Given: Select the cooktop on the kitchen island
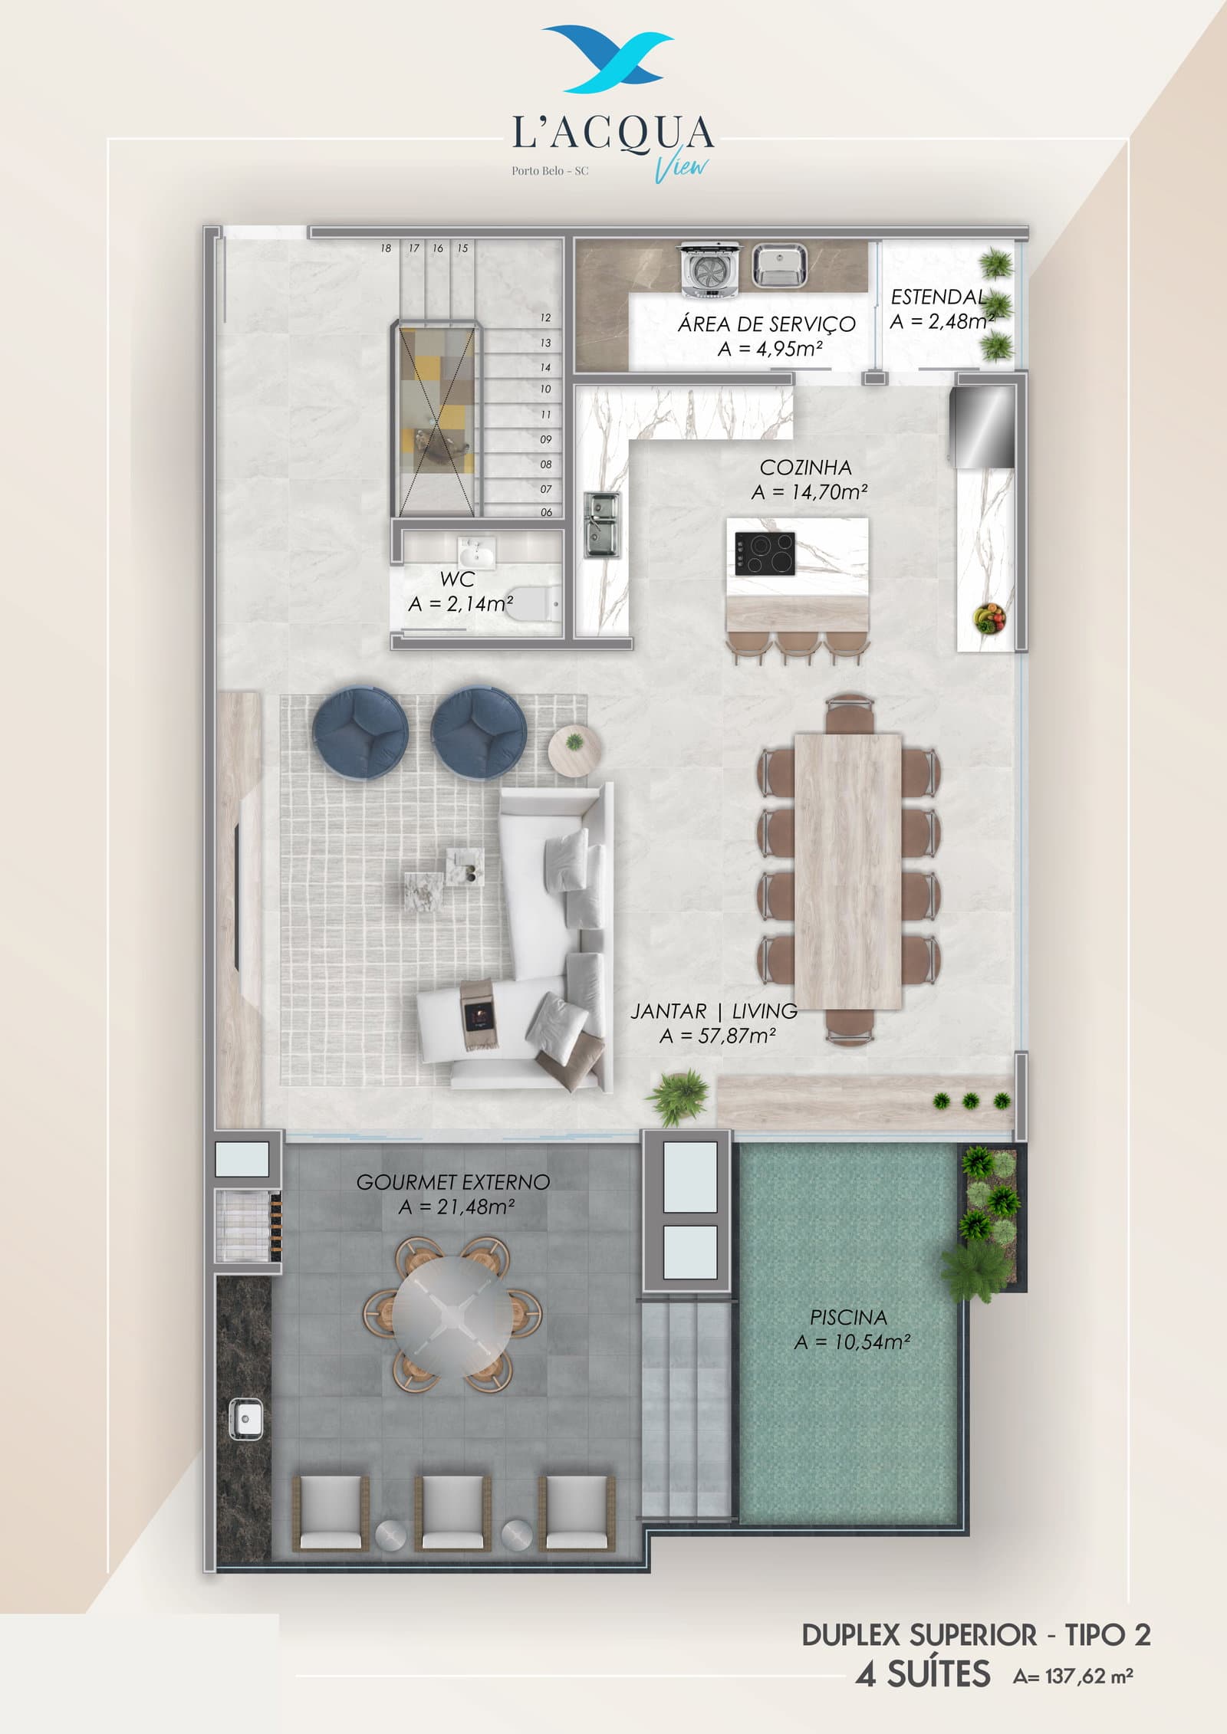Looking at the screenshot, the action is [765, 553].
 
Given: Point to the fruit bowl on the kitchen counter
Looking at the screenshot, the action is [989, 617].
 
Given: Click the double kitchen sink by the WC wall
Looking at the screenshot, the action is [602, 524].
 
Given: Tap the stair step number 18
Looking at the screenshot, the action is [386, 248].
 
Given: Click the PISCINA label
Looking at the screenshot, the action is [848, 1317].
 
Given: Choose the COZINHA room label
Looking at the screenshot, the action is [805, 467].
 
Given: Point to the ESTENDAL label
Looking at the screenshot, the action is [938, 297].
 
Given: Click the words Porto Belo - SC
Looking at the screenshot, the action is [550, 170].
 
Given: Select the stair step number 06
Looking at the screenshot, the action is [546, 512].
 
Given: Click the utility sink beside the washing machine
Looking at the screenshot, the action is [778, 265].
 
